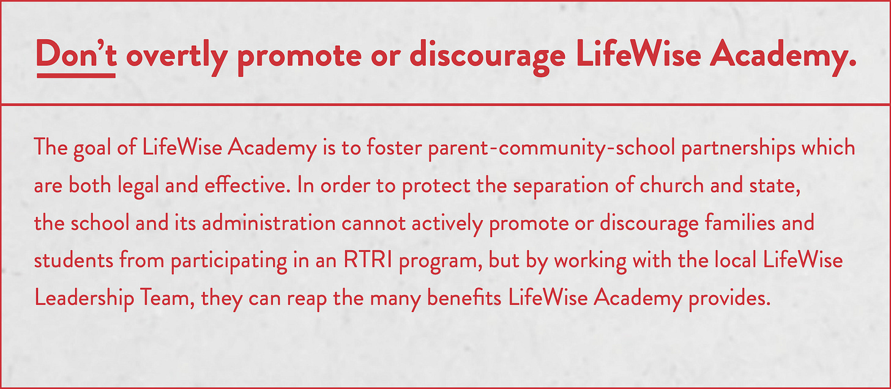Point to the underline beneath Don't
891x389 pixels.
pos(76,76)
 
